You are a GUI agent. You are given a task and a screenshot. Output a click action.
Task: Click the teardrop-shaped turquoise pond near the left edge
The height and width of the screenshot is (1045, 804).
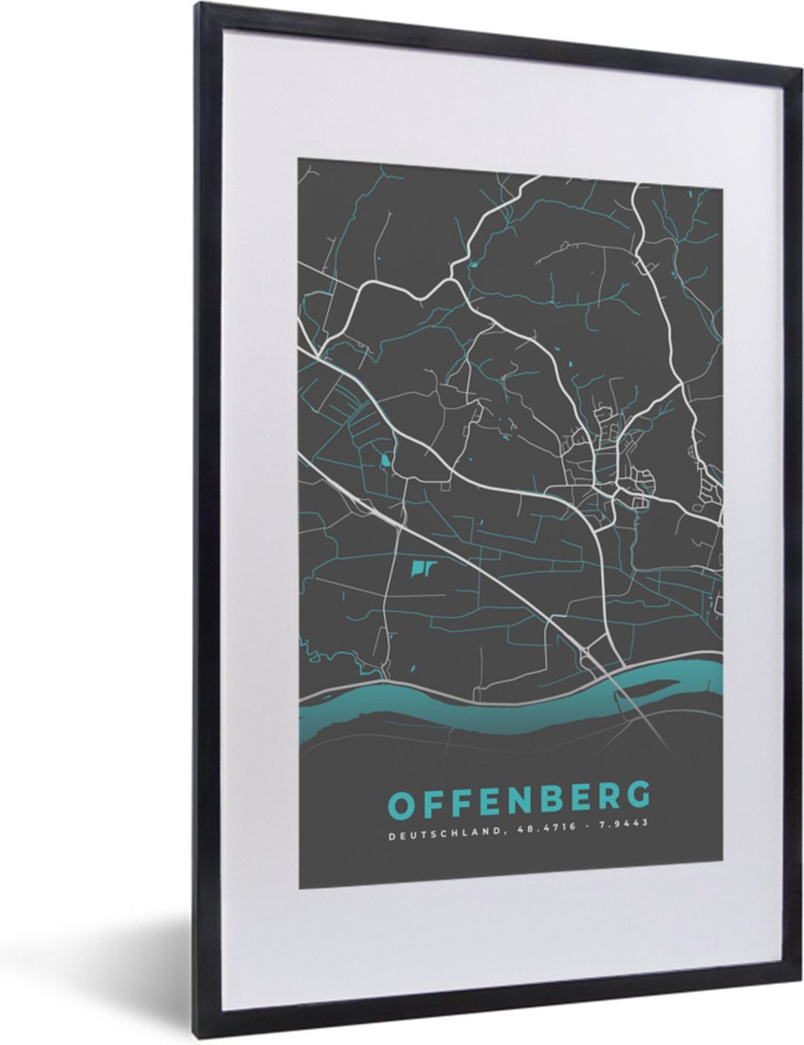tap(385, 459)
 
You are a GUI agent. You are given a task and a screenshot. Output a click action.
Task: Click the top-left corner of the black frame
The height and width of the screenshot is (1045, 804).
tap(199, 7)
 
